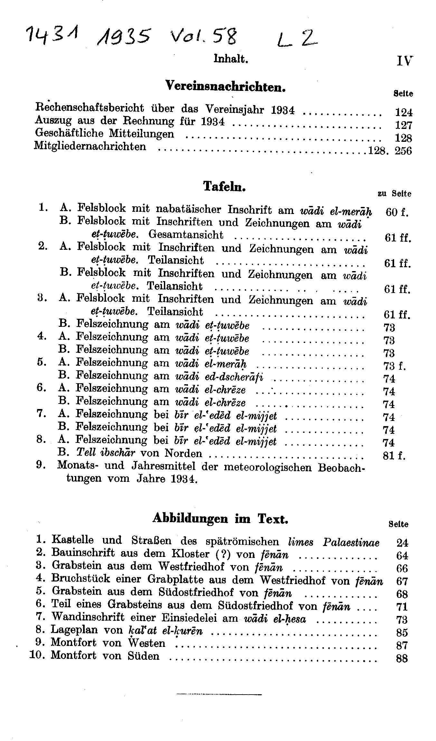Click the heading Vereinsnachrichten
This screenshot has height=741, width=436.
click(225, 86)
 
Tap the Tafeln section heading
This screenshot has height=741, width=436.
click(224, 186)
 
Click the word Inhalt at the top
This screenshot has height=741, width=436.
click(231, 59)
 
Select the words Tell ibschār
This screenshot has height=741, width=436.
click(106, 453)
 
